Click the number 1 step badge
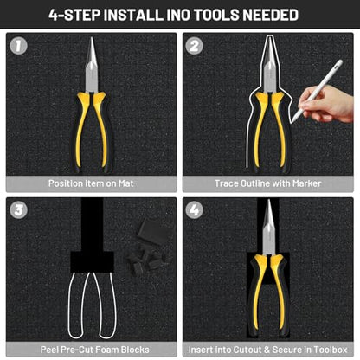[18, 46]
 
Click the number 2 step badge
[194, 46]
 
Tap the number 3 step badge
[18, 209]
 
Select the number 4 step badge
[194, 209]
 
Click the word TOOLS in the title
[216, 15]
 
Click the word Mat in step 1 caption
[126, 183]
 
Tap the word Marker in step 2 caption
[306, 183]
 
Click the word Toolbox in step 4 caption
[331, 350]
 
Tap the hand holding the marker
[327, 105]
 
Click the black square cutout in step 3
[93, 262]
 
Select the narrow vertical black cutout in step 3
[93, 224]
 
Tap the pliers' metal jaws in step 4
[269, 228]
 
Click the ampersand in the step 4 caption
[267, 350]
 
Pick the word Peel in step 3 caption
[50, 350]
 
